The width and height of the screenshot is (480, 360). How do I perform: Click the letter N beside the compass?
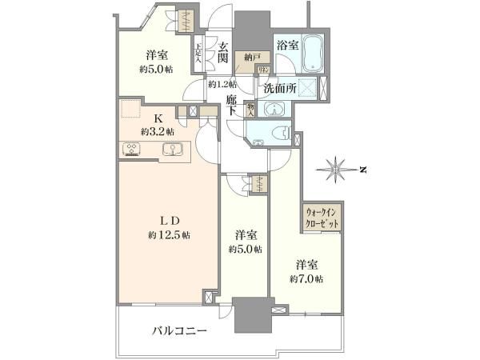362,170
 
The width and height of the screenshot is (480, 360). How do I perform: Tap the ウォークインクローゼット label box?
323,217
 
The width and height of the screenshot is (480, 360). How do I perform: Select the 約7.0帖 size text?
307,278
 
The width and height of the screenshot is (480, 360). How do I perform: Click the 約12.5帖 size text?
169,235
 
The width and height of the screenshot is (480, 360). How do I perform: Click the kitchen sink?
171,149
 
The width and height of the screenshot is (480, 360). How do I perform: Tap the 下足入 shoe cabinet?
198,55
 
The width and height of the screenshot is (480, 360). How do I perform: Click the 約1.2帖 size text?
222,83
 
